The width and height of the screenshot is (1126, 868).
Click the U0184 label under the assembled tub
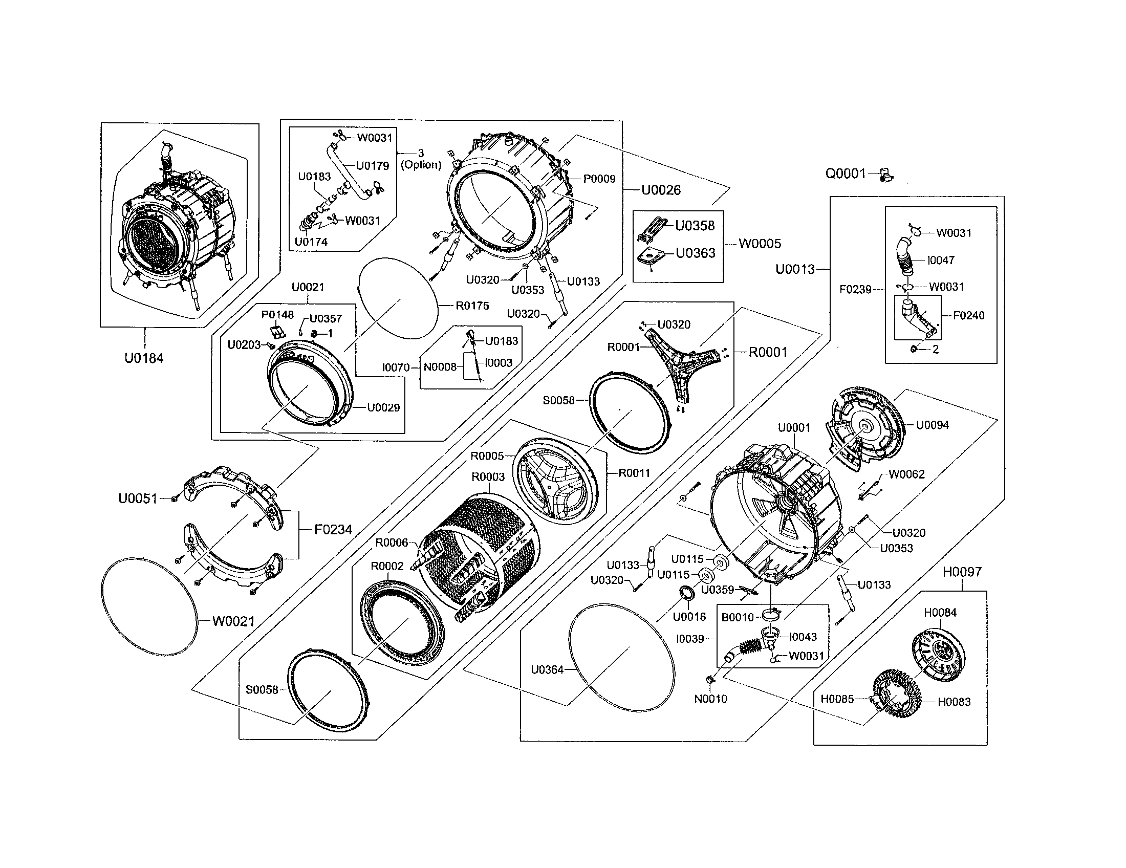tap(144, 358)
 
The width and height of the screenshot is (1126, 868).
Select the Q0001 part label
tap(846, 173)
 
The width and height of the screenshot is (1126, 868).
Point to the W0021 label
tap(233, 622)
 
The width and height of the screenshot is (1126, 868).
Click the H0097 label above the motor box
tap(962, 572)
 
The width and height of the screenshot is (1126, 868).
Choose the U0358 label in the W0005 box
tap(695, 226)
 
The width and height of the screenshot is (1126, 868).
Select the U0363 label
tap(696, 253)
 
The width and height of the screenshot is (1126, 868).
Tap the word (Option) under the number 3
tap(421, 165)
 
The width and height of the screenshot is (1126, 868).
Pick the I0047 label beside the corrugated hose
tap(941, 261)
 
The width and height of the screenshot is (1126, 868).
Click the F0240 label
tap(968, 315)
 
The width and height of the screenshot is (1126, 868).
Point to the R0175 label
tap(472, 306)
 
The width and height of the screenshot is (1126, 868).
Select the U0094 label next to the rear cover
tap(932, 425)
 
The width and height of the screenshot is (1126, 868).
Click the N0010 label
tap(710, 699)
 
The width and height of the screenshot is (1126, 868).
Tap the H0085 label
tap(837, 699)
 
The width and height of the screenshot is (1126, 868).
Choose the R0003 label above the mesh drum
tap(488, 477)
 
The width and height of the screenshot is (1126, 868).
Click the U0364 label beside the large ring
tap(547, 670)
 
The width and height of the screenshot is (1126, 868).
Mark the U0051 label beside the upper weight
tap(138, 498)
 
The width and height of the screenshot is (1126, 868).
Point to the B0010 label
tap(737, 617)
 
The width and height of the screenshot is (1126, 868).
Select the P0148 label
tap(277, 314)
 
